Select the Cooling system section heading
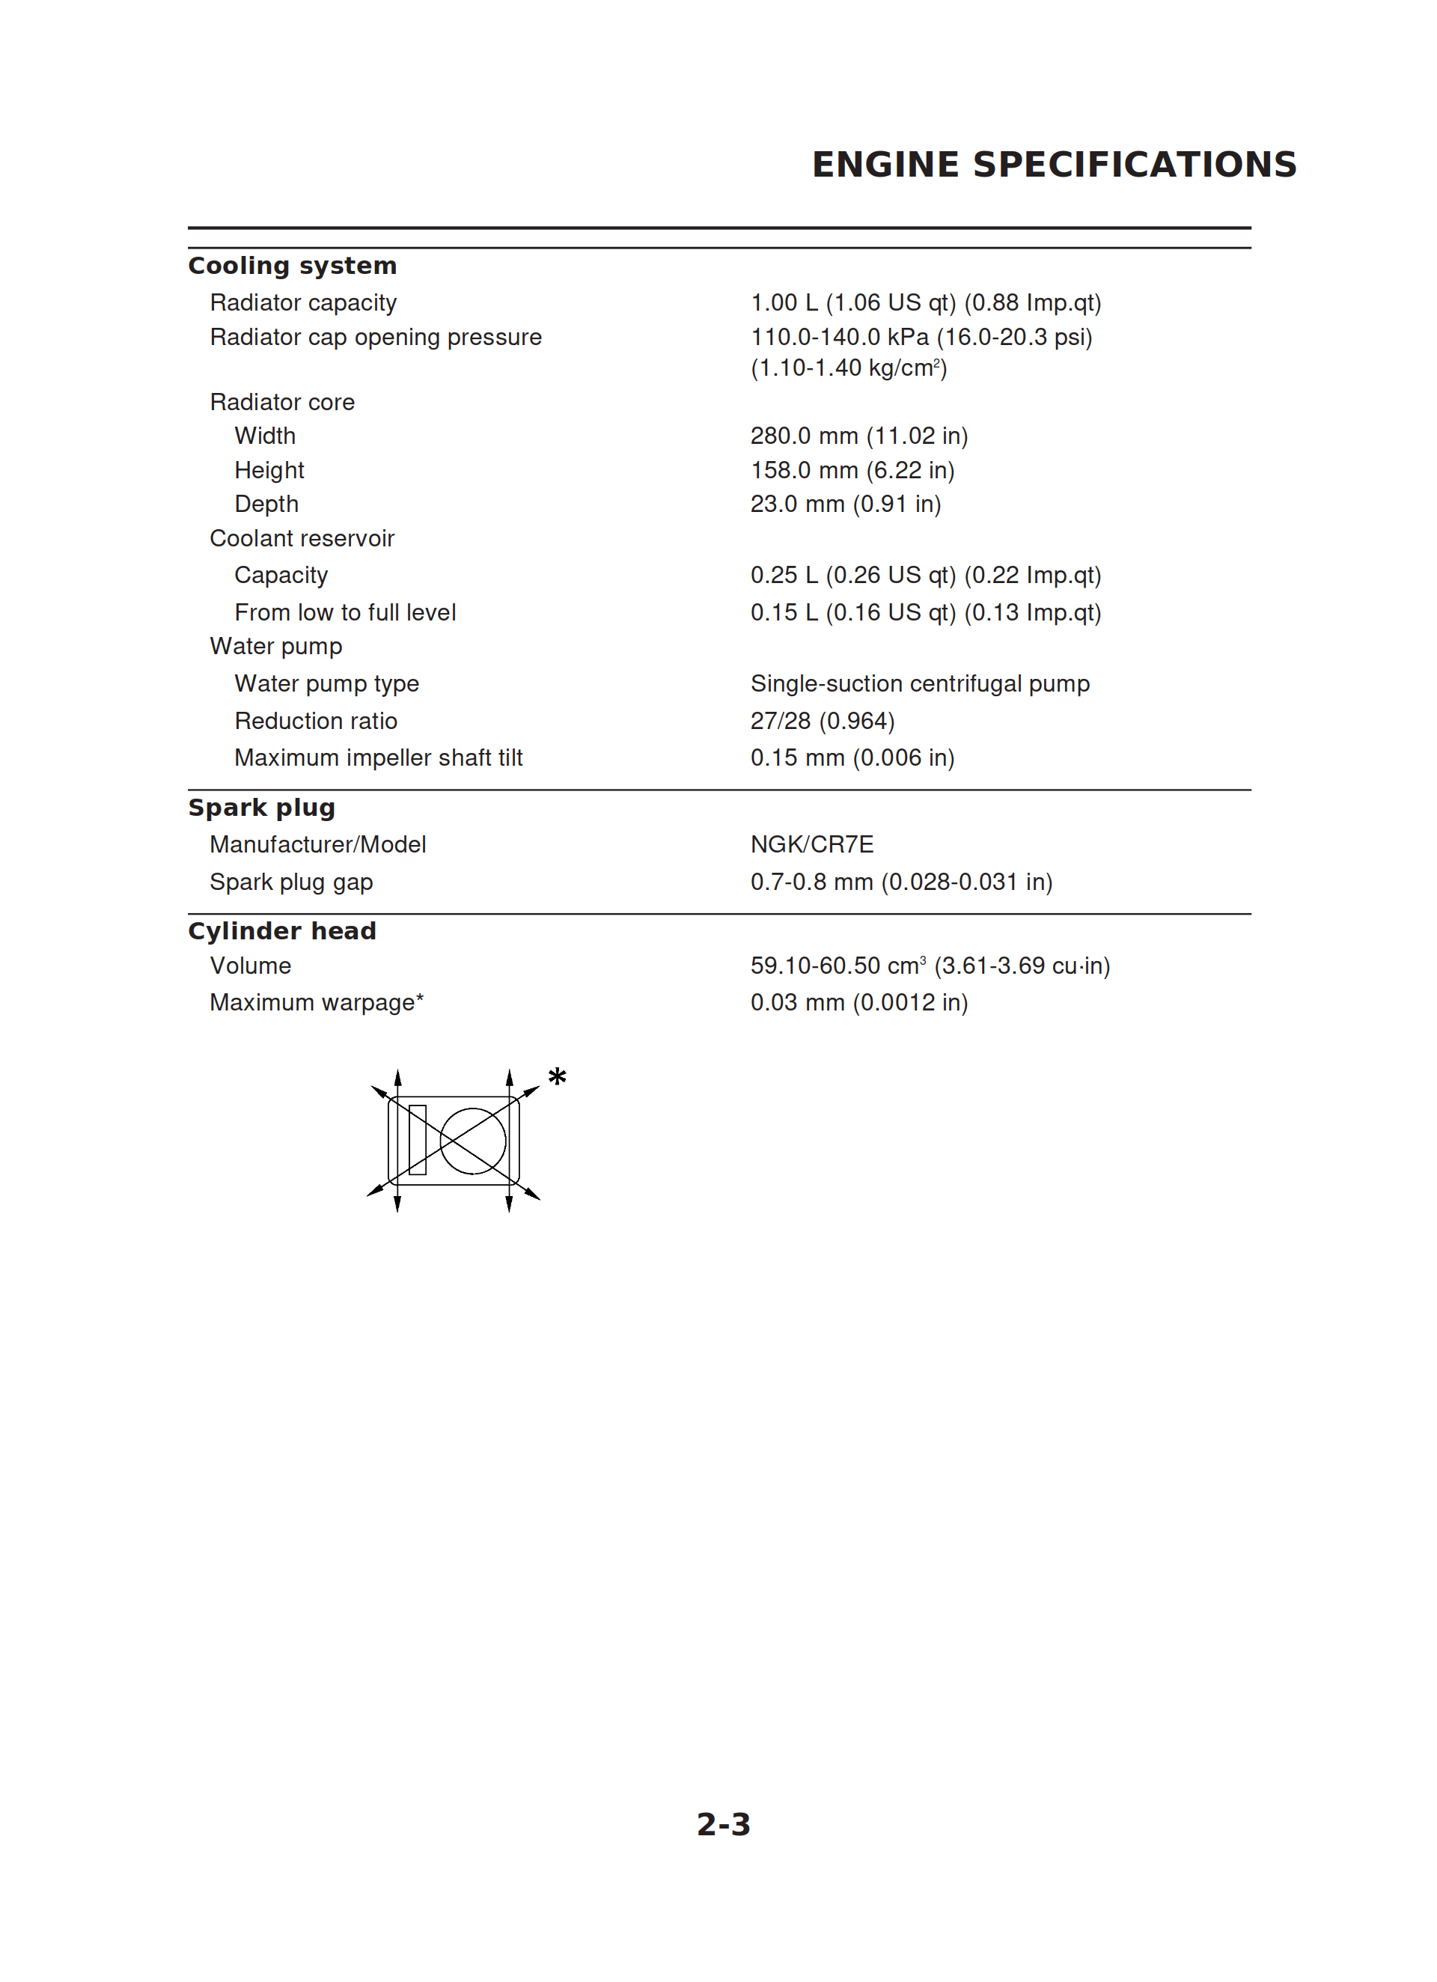[x=292, y=266]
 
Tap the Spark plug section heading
[x=261, y=808]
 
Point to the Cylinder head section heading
[x=281, y=930]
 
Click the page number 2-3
[x=723, y=1824]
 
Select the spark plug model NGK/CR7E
[x=811, y=844]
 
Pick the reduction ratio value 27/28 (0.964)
[x=822, y=721]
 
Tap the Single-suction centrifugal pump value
[x=920, y=683]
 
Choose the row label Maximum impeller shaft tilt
[x=378, y=757]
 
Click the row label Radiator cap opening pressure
[x=375, y=338]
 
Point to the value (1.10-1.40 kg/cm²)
[x=848, y=368]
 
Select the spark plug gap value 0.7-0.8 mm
[x=900, y=882]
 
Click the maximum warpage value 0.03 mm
[x=858, y=1002]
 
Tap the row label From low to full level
[x=344, y=612]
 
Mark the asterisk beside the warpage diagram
[x=557, y=1076]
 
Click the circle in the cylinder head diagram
[x=473, y=1141]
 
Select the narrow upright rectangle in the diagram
[x=417, y=1139]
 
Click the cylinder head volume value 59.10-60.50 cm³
[x=929, y=966]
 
